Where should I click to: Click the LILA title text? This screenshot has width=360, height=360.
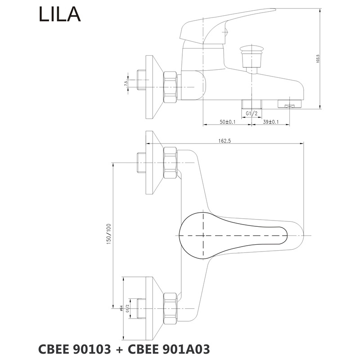click(x=60, y=15)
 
